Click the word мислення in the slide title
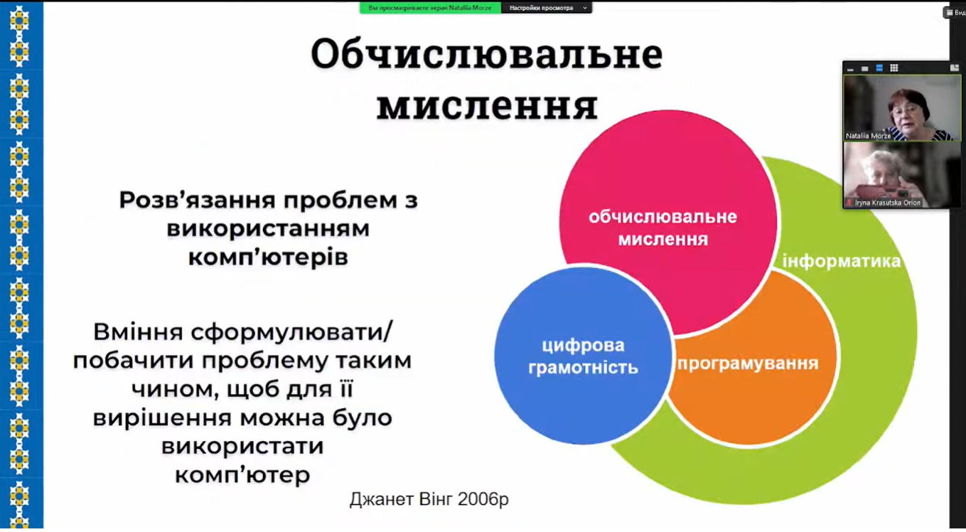coord(488,105)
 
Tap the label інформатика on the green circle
coord(842,261)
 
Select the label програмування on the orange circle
coord(748,363)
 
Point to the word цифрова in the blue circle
coord(583,345)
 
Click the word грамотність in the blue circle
coord(583,368)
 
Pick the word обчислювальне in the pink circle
coord(662,217)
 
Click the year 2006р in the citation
coord(483,499)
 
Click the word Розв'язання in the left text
coord(197,200)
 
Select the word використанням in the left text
coord(268,229)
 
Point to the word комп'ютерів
coord(268,257)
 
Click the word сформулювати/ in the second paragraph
coord(291,332)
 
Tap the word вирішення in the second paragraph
coord(163,417)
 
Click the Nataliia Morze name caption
coord(868,136)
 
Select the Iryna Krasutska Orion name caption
coord(888,203)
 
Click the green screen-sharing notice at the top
coord(430,8)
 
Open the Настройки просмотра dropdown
coord(547,8)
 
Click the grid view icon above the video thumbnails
coord(894,68)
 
